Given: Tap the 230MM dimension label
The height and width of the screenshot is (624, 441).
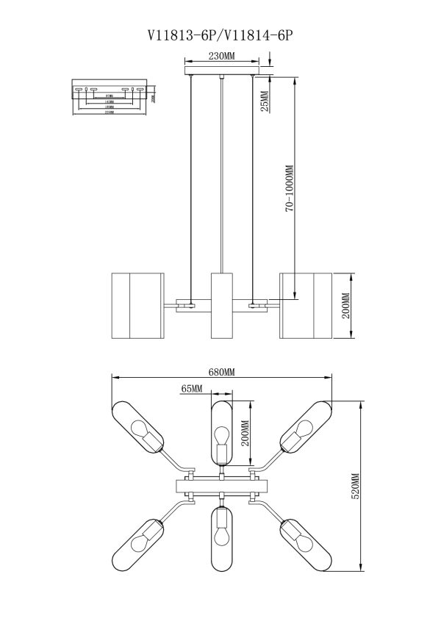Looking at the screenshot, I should (221, 56).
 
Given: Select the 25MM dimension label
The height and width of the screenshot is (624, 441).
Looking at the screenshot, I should (265, 96).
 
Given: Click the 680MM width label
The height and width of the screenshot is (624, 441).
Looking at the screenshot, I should (221, 373).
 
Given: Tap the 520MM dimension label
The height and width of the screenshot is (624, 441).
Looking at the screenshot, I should (355, 487).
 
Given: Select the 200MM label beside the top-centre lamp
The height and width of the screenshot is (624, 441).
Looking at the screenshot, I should (245, 433).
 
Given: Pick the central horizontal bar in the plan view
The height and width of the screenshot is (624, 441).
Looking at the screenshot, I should (221, 487).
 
